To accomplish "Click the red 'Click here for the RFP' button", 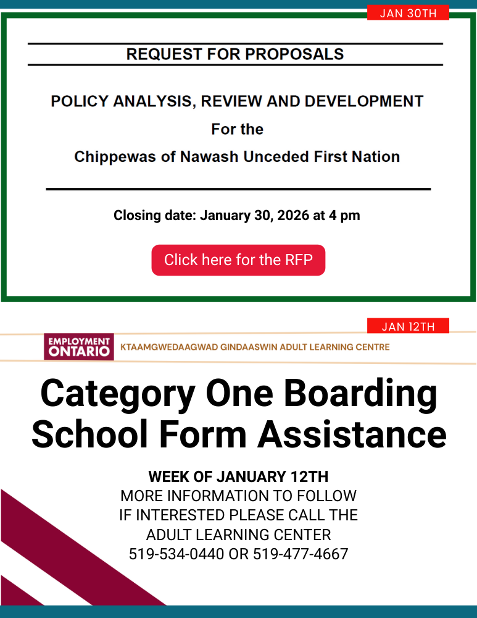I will pos(238,260).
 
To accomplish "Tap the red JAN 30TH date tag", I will pos(408,13).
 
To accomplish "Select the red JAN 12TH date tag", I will pos(408,326).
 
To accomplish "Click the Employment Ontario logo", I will pos(78,347).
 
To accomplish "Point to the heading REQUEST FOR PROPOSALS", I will pos(235,54).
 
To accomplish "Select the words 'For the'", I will pos(237,129).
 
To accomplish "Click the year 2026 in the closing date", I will pos(293,216).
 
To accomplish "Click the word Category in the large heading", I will pos(117,394).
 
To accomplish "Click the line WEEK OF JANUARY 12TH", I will pos(238,477).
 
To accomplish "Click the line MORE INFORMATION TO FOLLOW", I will pos(238,496).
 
